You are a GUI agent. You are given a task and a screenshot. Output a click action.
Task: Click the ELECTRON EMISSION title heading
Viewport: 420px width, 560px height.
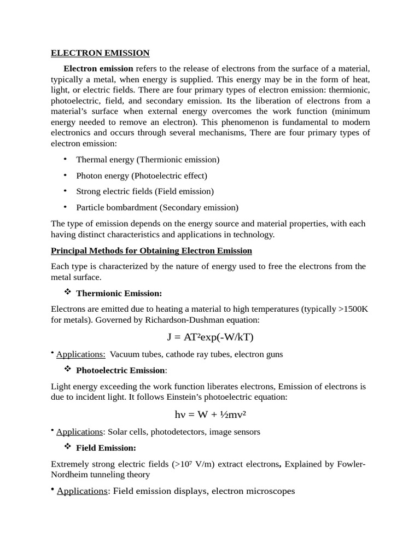coord(100,53)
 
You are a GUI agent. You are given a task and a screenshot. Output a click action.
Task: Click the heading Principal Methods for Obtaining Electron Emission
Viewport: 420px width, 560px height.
coord(151,250)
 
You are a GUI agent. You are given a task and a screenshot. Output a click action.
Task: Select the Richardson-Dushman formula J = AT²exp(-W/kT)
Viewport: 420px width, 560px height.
coord(211,336)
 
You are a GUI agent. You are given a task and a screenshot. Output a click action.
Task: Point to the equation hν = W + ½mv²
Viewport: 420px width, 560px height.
coord(210,414)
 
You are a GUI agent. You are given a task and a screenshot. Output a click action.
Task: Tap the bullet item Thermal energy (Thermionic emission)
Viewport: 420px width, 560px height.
coord(148,160)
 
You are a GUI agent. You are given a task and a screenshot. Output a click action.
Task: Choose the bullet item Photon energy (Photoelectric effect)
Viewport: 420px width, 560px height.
coord(142,176)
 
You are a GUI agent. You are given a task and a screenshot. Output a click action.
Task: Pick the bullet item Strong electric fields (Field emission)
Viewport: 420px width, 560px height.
coord(145,191)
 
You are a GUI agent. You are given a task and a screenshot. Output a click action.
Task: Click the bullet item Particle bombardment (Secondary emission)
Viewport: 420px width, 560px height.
coord(157,207)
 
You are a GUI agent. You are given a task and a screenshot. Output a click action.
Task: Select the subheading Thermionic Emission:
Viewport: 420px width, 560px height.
coord(119,293)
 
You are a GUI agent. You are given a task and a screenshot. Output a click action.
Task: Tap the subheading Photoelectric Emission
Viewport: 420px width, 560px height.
coord(120,370)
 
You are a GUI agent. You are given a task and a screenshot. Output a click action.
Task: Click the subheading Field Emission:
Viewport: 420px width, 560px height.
coord(106,447)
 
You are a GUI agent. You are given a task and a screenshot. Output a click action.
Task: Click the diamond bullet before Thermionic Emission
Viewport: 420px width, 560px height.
coord(68,293)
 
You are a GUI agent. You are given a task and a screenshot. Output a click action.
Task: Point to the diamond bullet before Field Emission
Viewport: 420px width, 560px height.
coord(68,447)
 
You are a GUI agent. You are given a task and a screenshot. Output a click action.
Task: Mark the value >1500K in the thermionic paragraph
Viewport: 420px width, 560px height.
coord(353,309)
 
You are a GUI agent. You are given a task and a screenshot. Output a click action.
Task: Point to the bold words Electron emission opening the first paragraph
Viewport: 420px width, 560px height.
coord(98,69)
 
